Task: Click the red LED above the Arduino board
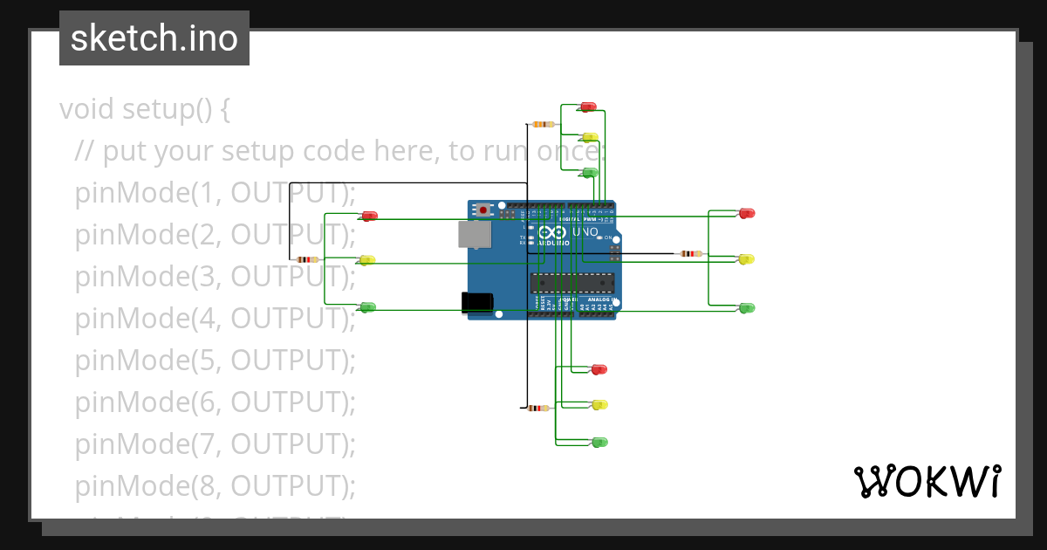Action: click(589, 107)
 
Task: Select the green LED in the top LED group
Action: click(590, 172)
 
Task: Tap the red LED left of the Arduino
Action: click(370, 216)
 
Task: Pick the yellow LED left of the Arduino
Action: click(367, 259)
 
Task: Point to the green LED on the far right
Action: click(747, 308)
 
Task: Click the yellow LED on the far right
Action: click(746, 259)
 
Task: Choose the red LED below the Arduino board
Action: click(599, 369)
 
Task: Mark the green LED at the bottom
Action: click(599, 443)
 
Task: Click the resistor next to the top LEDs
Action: click(543, 124)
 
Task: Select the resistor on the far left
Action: click(307, 259)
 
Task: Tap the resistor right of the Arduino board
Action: click(690, 254)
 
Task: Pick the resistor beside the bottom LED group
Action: click(538, 408)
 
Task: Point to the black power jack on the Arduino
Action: click(476, 301)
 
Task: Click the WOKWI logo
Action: click(927, 481)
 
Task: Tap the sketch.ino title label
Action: click(154, 38)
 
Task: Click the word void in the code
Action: click(87, 109)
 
